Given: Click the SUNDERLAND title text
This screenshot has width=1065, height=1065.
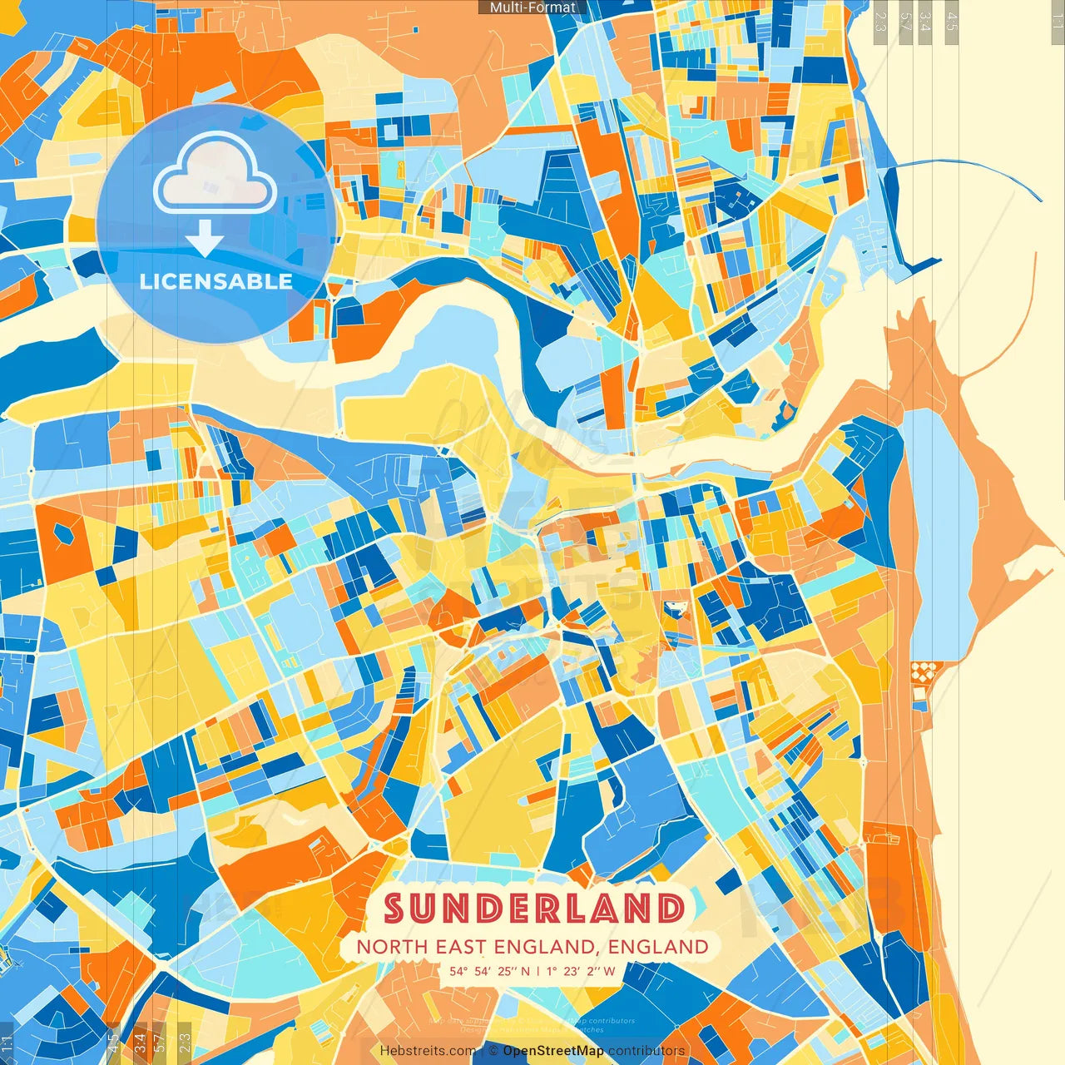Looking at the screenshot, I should click(x=534, y=909).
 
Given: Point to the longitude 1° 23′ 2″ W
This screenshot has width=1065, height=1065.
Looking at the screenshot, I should click(x=581, y=971).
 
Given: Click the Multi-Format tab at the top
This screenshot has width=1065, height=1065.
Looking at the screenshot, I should click(x=532, y=7).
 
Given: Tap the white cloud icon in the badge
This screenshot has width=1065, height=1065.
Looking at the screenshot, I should click(x=215, y=175).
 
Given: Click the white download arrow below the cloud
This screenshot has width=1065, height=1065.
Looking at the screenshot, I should click(x=205, y=240).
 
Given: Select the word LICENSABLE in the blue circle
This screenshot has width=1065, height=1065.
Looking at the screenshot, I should click(x=215, y=281).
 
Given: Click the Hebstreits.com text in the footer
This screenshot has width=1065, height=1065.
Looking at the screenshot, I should click(x=428, y=1051).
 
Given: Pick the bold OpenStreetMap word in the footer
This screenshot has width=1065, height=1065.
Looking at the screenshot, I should click(x=553, y=1051).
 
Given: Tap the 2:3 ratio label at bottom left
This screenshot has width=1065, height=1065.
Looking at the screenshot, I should click(x=185, y=1042).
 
